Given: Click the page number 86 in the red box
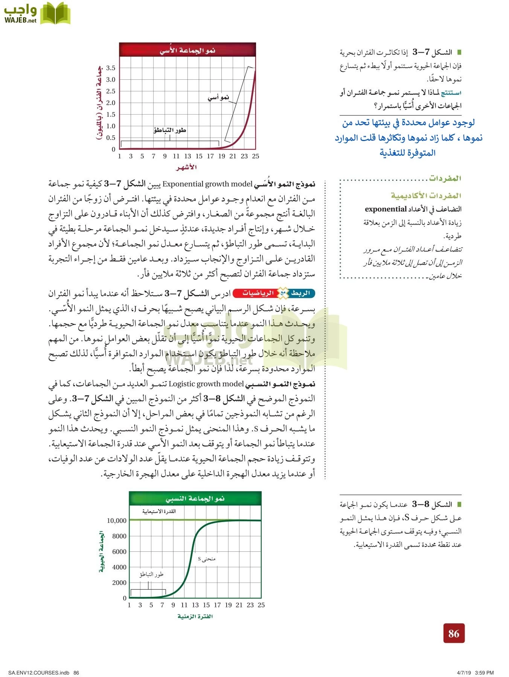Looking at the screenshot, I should coord(454,633).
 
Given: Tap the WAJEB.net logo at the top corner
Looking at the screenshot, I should coord(37,14).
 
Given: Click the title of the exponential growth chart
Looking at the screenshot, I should coord(187,50).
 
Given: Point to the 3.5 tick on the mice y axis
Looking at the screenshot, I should coord(111,68).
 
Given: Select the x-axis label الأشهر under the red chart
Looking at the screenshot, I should coord(186,167).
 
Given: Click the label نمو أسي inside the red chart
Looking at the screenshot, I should coord(218,98).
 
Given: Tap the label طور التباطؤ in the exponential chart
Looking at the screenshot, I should coord(170,130).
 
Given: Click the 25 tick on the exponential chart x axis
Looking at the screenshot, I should coord(256,156).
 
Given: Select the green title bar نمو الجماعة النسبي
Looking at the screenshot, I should coord(195,499).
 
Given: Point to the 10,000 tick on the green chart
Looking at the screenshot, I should coord(117,521).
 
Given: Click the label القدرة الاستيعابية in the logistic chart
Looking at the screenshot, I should coord(159,511).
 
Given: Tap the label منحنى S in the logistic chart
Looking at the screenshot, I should coord(207,559).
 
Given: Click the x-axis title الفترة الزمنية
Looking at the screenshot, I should coord(195,616).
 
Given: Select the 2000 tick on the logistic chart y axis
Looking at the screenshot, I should coord(119,583).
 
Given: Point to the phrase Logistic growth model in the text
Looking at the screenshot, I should coord(206,384).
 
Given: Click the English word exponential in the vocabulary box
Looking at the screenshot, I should coord(386,209).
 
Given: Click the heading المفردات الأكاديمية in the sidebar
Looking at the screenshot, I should coord(426,196).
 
